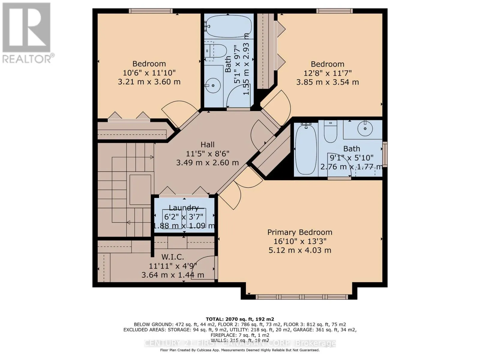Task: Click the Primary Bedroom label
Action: (x=300, y=232)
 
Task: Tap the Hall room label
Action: (x=207, y=145)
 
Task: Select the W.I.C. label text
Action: (x=172, y=257)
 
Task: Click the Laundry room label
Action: (x=184, y=208)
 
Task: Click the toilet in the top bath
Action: (x=215, y=51)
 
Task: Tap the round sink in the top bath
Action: (x=213, y=85)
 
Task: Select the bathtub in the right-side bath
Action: (x=306, y=149)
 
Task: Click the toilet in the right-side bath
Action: (x=331, y=132)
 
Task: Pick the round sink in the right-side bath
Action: (x=365, y=129)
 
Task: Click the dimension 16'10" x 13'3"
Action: (x=300, y=241)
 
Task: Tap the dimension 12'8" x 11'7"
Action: (x=327, y=73)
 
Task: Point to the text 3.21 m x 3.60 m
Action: (x=149, y=82)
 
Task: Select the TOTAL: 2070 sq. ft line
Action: (x=240, y=319)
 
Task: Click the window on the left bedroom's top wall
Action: (x=151, y=11)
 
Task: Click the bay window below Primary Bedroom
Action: (x=302, y=297)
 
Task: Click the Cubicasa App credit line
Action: (x=240, y=350)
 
